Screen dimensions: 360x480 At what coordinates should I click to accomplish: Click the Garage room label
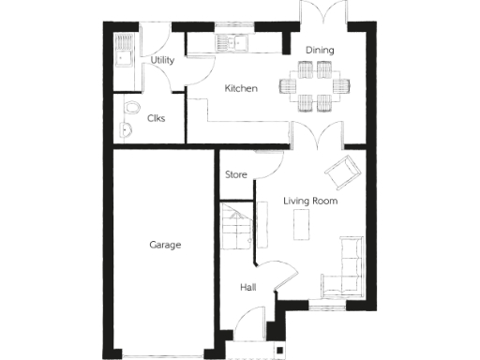coord(165,245)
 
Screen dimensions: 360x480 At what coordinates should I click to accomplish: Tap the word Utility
coord(163,60)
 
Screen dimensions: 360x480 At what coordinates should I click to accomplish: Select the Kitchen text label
coord(241,88)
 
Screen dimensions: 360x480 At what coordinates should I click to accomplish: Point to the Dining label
coord(320,50)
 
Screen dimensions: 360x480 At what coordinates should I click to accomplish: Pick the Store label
coord(236,174)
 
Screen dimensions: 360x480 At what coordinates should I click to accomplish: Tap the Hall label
coord(247,288)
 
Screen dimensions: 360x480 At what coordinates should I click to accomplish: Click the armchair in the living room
coord(342,171)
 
